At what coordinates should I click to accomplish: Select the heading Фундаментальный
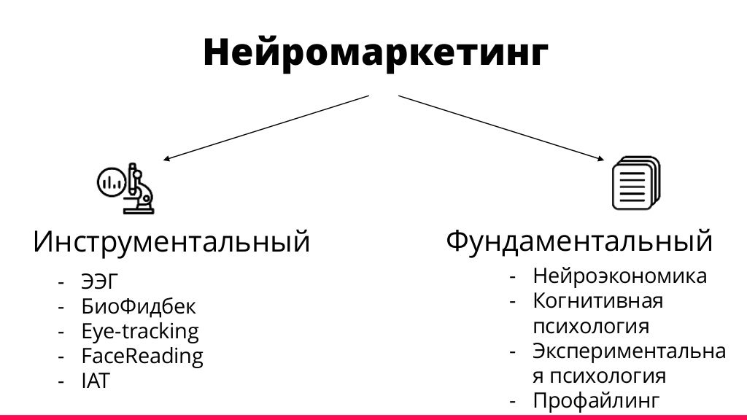coord(578,240)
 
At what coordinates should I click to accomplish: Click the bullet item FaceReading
coord(142,357)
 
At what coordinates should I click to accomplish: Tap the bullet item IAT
coord(96,381)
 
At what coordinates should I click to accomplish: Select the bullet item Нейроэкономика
coord(619,276)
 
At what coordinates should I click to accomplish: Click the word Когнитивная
coord(597,300)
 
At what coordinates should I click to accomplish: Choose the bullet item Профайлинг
coord(596,400)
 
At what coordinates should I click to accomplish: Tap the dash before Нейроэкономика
coord(514,277)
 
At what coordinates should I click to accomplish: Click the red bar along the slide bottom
coord(373,417)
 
